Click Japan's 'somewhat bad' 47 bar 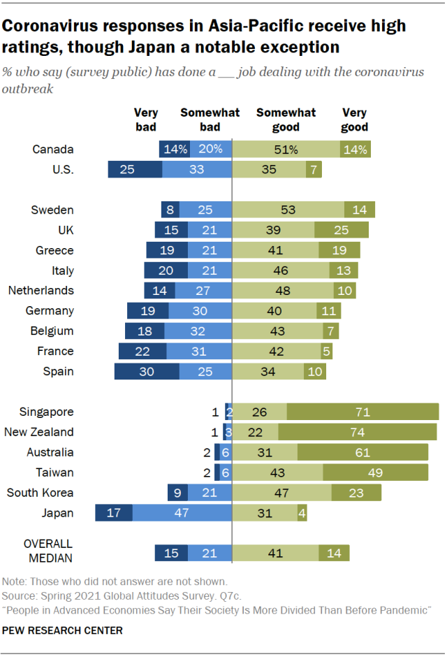(182, 513)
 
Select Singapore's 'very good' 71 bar (362, 412)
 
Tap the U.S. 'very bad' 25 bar (135, 169)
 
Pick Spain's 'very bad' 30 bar (147, 371)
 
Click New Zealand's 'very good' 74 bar (358, 432)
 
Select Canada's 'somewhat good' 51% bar (286, 149)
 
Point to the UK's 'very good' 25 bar (342, 230)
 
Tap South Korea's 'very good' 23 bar (356, 493)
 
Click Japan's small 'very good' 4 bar (302, 513)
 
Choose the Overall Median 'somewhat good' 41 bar (276, 554)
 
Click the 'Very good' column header (355, 120)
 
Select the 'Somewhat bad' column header (210, 120)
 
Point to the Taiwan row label (54, 472)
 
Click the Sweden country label (52, 210)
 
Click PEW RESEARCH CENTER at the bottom (63, 630)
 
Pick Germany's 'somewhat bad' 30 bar (200, 310)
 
